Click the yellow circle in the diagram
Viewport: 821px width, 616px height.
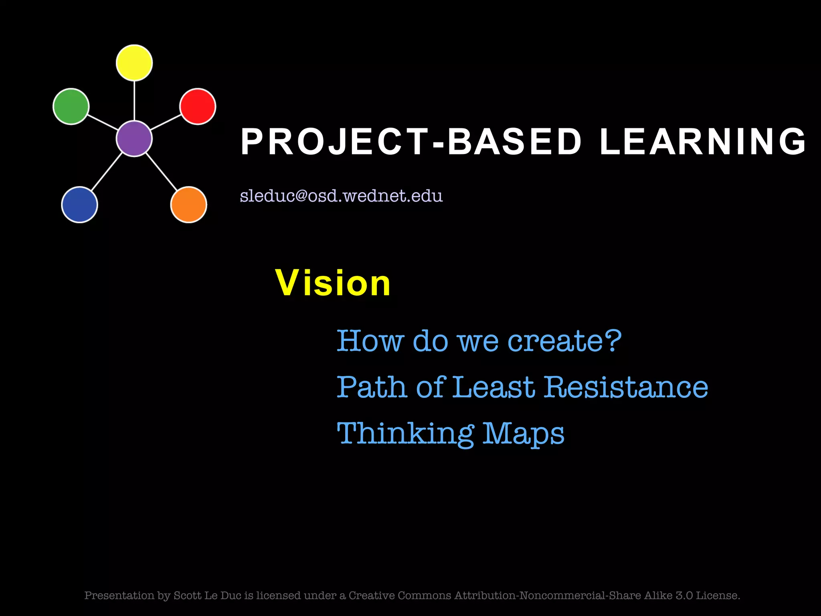click(x=134, y=63)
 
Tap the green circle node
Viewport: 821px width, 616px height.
click(x=71, y=106)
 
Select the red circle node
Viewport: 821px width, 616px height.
click(x=198, y=106)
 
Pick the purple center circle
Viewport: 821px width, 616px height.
click(x=134, y=138)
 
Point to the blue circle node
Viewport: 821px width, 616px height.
click(x=79, y=205)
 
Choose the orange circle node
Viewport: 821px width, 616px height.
click(x=188, y=205)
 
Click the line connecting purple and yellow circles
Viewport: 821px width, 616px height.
click(x=134, y=100)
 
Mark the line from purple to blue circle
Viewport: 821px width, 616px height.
click(x=107, y=172)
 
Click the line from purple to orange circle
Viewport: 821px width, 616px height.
click(x=162, y=172)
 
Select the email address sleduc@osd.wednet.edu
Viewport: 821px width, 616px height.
click(x=341, y=196)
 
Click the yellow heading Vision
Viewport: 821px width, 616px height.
click(x=333, y=283)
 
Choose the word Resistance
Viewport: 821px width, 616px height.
click(x=626, y=387)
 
